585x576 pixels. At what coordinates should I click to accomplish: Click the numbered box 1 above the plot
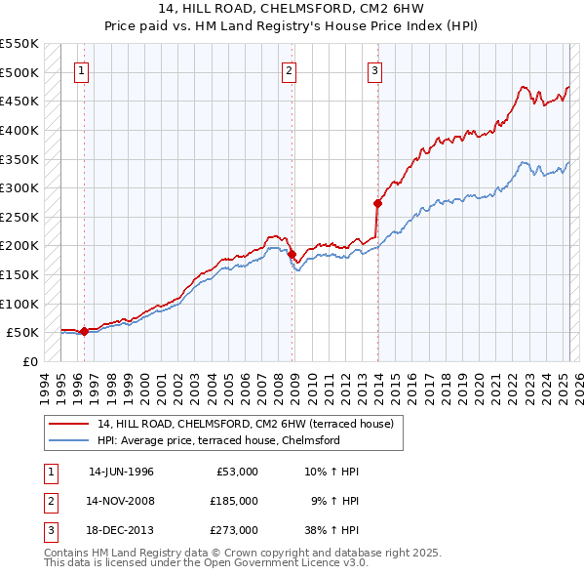[82, 70]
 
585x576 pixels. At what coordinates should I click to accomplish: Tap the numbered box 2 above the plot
[290, 70]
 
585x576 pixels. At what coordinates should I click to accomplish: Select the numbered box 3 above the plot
[374, 70]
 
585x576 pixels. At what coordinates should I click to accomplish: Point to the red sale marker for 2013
[377, 203]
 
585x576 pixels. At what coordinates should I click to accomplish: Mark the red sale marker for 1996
[84, 331]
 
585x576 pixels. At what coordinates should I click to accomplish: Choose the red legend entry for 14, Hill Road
[245, 424]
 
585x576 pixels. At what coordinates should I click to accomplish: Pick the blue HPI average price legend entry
[217, 441]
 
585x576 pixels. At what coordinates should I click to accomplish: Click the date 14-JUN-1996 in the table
[121, 472]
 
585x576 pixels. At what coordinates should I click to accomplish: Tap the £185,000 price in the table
[234, 501]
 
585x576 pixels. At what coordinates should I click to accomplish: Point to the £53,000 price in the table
[237, 472]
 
